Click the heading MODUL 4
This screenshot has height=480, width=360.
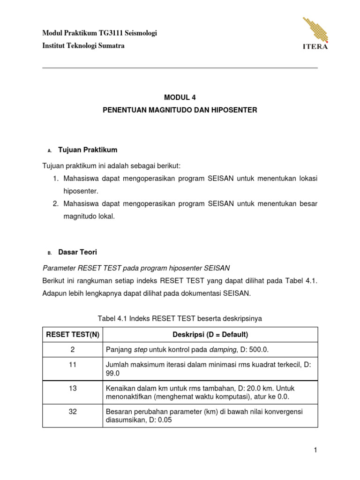coord(180,97)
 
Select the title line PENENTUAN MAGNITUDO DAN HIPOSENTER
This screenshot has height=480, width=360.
coord(180,110)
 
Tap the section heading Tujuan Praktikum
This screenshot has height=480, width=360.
coord(88,150)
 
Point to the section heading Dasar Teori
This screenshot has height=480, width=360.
coord(77,252)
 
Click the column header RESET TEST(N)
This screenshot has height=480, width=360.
coord(72,334)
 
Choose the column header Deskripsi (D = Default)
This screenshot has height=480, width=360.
coord(210,334)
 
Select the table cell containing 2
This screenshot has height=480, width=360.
coord(72,350)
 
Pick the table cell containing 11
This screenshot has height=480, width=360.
coord(72,364)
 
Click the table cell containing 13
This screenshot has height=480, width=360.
coord(72,389)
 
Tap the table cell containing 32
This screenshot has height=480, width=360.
coord(72,411)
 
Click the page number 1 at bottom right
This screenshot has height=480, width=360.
coord(316,450)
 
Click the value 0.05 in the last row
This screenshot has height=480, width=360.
coord(164,420)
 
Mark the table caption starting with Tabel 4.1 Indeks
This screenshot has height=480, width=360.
coord(180,318)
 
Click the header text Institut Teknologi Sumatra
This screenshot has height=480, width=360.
coord(83,46)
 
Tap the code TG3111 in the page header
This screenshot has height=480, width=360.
coord(111,33)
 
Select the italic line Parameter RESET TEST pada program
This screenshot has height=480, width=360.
coord(136,268)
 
